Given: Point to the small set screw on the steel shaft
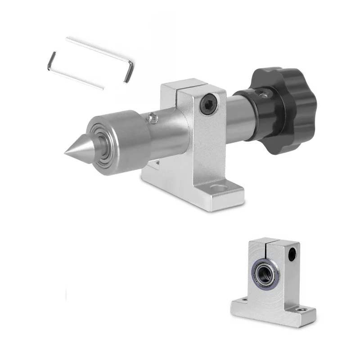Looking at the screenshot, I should tap(153, 118).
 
